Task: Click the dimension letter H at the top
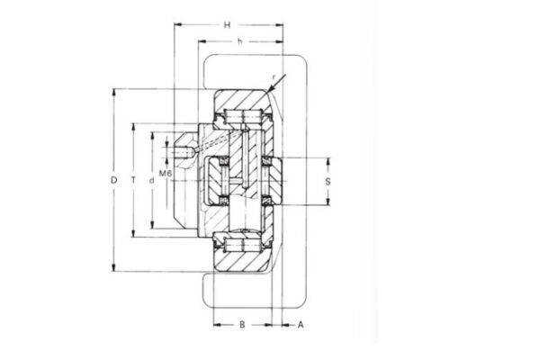[x=228, y=23]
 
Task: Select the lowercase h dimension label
[x=238, y=42]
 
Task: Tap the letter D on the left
[x=114, y=180]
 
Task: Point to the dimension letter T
[x=133, y=180]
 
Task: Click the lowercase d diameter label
[x=152, y=180]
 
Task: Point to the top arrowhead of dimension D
[x=114, y=91]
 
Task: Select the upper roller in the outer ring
[x=242, y=116]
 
